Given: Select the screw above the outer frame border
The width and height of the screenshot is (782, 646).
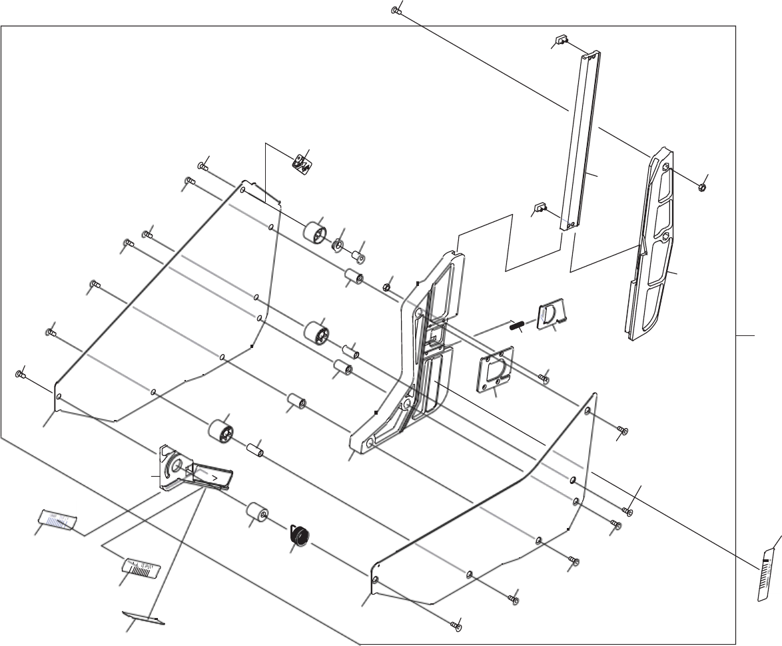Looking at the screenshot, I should coord(396,11).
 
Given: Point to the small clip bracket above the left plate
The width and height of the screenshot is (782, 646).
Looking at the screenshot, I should coord(302,162).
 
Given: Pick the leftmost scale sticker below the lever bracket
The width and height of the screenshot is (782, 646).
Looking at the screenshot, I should coord(59,518).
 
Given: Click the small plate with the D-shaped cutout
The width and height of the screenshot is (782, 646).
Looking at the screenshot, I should coord(551,314).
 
